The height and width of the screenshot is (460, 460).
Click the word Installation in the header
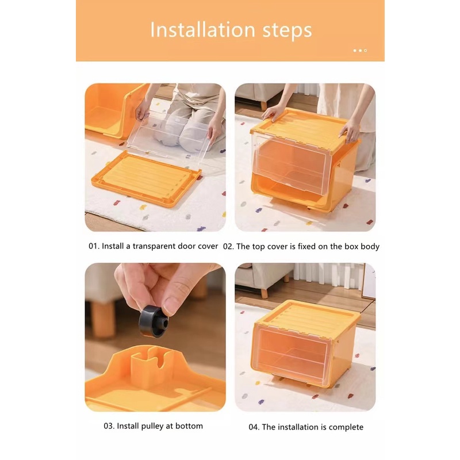click(202, 30)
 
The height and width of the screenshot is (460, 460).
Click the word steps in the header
click(287, 31)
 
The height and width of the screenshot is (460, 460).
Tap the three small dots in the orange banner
click(360, 51)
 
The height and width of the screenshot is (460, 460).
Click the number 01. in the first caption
click(94, 246)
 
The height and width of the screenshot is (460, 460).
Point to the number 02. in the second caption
click(228, 247)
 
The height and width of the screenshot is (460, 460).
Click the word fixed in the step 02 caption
click(306, 246)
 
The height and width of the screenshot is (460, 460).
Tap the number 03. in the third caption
click(109, 426)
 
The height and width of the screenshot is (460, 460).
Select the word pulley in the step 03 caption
click(152, 426)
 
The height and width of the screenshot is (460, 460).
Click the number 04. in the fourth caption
click(254, 427)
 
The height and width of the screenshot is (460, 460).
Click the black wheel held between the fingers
click(154, 321)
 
